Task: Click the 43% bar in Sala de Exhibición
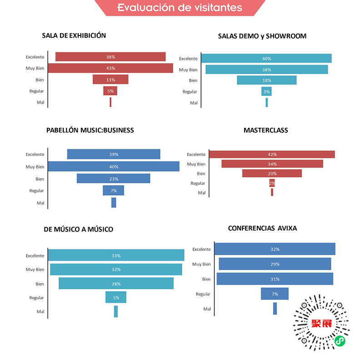110,68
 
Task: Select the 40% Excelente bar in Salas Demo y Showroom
266,58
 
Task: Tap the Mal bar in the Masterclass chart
272,192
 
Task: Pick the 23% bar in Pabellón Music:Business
113,178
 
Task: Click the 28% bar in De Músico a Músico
116,283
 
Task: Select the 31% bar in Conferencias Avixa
275,279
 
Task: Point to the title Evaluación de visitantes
180,8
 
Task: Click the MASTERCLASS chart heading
265,130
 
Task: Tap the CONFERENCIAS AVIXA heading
262,228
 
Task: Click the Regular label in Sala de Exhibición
37,91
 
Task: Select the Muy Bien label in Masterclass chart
196,164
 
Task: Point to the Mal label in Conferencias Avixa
207,309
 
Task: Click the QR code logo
320,323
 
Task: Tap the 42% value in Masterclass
272,154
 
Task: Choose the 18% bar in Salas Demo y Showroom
266,80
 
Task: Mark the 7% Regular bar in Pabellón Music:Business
113,190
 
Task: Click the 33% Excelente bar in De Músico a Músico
116,255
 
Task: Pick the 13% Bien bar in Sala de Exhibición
110,80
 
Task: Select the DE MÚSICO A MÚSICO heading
78,229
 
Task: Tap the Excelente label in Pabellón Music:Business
35,154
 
